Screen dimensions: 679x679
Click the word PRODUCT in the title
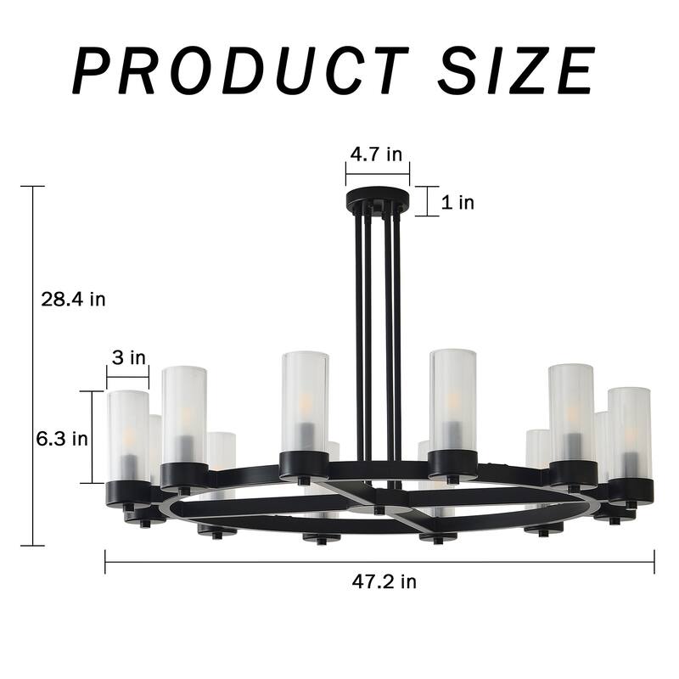(x=241, y=70)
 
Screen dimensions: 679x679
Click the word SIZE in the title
(x=516, y=70)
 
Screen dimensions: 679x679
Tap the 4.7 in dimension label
(x=376, y=154)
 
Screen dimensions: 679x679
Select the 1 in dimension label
(x=457, y=202)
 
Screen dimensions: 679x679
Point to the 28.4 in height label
(x=73, y=300)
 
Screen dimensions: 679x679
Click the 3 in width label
(x=129, y=357)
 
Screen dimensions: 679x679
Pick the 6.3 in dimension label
(x=62, y=439)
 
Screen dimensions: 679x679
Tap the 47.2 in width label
(x=384, y=581)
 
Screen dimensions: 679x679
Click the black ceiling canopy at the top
(x=378, y=199)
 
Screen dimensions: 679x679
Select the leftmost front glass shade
(x=128, y=435)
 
